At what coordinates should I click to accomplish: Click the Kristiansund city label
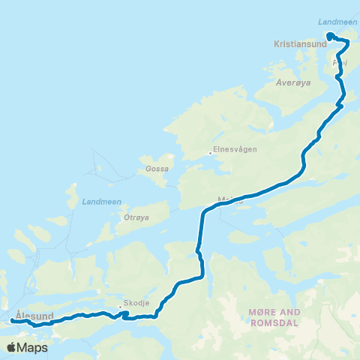coord(300,44)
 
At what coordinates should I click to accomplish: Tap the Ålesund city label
coord(34,316)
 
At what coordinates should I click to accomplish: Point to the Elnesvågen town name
coord(235,149)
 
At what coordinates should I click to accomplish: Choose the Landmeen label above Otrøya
coord(95,202)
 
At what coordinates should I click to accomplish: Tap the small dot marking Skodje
coord(119,307)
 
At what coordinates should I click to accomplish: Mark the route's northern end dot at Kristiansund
coord(329,35)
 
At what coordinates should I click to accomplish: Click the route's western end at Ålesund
coord(13,322)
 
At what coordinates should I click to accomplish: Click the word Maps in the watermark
coord(33,347)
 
